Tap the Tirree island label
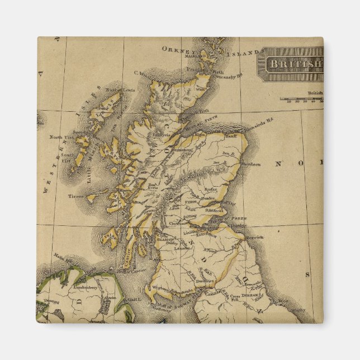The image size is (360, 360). [x=75, y=197]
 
